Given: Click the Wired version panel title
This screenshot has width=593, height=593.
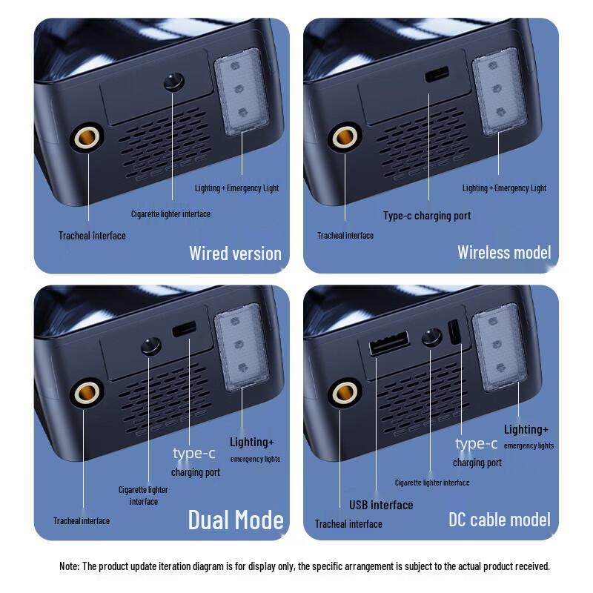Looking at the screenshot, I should point(235,254).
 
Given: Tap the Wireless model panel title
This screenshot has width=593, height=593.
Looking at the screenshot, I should point(504,252).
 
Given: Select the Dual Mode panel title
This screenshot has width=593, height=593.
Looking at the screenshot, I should point(236,520).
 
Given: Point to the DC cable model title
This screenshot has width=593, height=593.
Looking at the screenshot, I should point(500,519).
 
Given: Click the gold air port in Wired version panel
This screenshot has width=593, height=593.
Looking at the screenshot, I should point(86,137).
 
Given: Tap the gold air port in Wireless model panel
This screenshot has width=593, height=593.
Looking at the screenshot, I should point(343,136).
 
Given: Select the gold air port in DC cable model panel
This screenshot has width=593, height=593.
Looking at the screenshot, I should point(344,391).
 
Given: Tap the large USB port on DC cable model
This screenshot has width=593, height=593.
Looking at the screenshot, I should point(389,343).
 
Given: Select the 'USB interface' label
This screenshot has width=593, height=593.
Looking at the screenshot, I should point(381,505).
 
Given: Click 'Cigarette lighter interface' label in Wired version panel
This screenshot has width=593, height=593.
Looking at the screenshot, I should point(170,214).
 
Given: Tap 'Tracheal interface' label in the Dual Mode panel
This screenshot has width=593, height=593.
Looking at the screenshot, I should point(82,521).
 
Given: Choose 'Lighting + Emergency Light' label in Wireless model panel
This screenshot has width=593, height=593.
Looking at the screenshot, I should point(504,188).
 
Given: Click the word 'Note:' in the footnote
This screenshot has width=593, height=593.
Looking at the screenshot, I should point(70,566).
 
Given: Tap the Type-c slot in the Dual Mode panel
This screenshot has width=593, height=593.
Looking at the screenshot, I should point(185,328).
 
